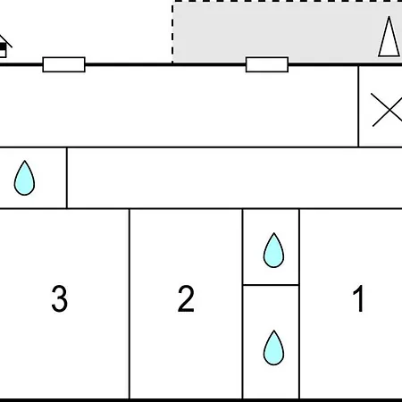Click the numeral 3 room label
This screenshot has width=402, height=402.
tap(60, 298)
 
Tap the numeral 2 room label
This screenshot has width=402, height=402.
tap(186, 298)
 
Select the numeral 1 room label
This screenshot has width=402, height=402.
tap(358, 298)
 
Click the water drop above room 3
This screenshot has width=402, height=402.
tap(24, 178)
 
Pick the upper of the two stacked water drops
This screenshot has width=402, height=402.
tap(273, 250)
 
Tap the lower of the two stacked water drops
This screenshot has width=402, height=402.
tap(273, 348)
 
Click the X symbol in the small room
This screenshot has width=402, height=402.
tap(387, 110)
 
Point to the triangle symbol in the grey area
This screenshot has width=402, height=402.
tap(389, 37)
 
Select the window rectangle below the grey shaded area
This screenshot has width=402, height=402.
tap(267, 64)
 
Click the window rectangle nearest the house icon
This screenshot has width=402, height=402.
tap(64, 64)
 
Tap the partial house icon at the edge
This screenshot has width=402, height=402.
tap(4, 46)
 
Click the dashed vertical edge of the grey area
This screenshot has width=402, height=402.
tap(172, 33)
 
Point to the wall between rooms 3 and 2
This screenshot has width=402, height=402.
tap(130, 304)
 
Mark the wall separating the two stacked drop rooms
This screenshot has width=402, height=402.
tap(271, 285)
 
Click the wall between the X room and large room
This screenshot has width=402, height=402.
tap(358, 106)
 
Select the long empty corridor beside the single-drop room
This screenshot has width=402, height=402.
tap(235, 178)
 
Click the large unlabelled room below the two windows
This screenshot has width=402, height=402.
tap(179, 106)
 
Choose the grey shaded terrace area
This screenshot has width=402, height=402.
tap(288, 31)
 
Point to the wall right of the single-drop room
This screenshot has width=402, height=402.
tap(67, 178)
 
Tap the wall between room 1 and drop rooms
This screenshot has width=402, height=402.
tap(299, 304)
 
